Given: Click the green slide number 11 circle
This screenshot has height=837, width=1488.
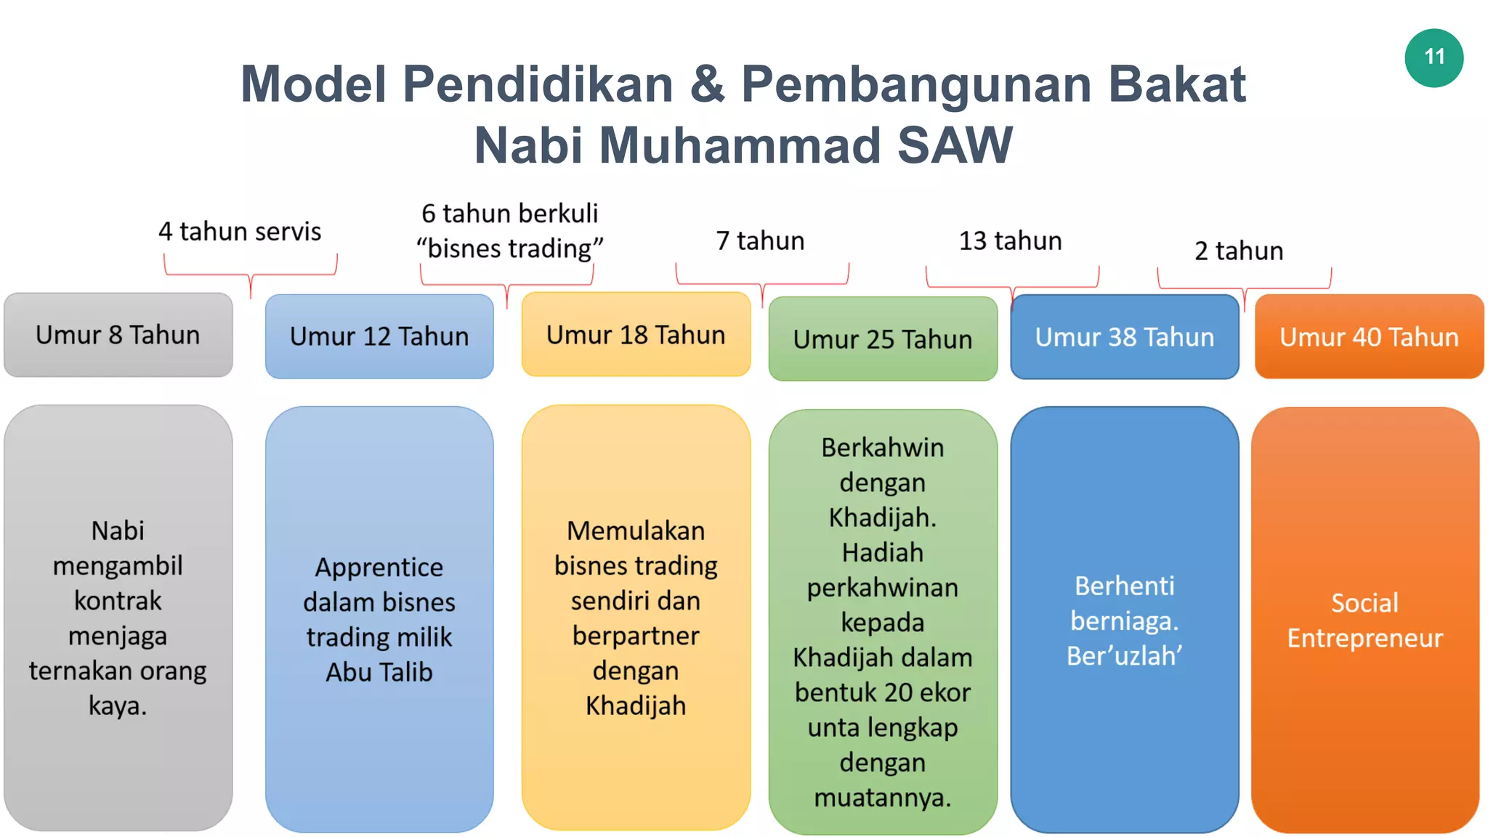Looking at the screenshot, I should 1434,57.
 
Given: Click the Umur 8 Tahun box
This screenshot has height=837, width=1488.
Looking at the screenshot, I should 118,335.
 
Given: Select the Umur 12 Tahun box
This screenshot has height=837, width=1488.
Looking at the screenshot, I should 379,336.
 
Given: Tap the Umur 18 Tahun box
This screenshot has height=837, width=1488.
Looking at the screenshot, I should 636,335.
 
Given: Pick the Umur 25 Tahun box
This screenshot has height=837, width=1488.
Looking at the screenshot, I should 883,339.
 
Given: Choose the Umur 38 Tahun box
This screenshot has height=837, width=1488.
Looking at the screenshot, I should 1124,337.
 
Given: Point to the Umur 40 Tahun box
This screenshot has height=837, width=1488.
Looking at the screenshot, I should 1369,337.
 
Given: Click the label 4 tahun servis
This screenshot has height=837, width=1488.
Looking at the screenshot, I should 240,232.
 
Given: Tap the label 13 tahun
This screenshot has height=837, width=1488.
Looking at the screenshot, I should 1010,241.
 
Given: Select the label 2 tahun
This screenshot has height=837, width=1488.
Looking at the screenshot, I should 1239,251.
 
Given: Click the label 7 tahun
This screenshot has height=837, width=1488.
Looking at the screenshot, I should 760,241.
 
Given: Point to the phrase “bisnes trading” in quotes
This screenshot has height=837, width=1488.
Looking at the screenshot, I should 509,249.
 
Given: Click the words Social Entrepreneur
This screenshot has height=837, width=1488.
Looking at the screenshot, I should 1364,620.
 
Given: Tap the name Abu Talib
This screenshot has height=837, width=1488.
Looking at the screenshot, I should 379,673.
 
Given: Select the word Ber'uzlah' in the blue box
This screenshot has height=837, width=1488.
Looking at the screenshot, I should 1124,656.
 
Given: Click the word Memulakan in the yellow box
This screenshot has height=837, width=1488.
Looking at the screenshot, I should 636,531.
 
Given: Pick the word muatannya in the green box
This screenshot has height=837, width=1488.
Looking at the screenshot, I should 882,798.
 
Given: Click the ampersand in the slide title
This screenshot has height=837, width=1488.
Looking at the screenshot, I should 707,84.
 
